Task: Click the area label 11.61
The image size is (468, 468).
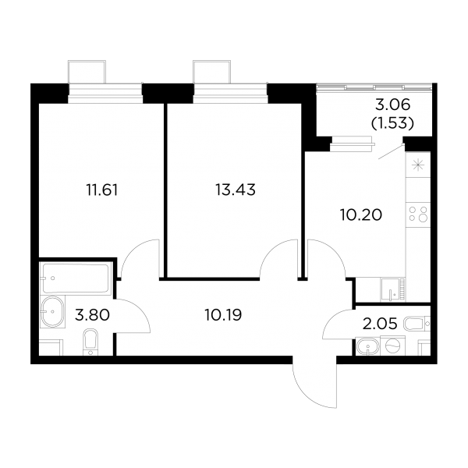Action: (102, 190)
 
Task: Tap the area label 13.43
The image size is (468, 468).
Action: (236, 190)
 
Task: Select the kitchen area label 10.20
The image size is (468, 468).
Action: (361, 214)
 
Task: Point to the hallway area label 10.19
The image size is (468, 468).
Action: (223, 314)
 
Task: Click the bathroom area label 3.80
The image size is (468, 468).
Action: (92, 315)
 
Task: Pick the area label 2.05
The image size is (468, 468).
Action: (380, 323)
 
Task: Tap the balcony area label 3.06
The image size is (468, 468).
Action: (393, 105)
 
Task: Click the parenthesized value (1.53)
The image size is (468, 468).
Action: (392, 123)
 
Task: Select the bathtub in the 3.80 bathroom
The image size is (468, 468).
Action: (76, 278)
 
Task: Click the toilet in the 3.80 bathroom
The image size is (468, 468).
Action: (90, 342)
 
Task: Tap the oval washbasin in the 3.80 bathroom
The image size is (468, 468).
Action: (52, 311)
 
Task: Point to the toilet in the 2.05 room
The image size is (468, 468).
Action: (417, 324)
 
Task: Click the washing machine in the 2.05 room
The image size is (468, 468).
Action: (394, 346)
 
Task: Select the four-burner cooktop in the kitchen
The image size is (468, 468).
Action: (418, 214)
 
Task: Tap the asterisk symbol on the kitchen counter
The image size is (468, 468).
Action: (418, 165)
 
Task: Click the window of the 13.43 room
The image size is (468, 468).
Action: (230, 94)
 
